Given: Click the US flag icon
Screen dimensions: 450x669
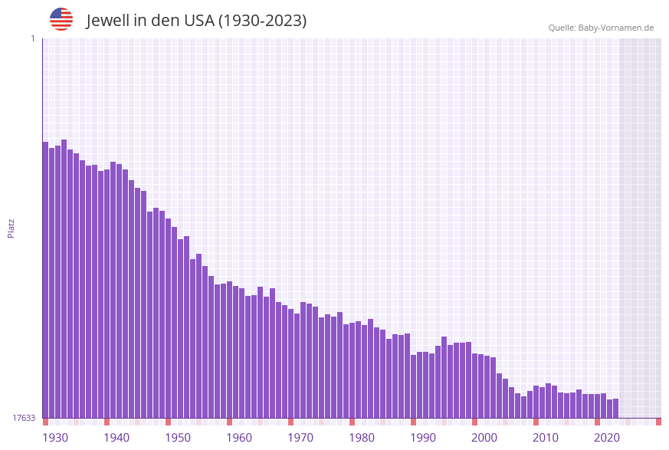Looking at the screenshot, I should (x=61, y=19).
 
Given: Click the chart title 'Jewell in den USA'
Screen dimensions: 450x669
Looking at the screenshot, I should (x=196, y=21).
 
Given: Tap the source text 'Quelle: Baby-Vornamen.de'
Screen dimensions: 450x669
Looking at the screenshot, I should (x=601, y=28).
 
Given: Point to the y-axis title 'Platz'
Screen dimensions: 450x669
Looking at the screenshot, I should (x=11, y=228).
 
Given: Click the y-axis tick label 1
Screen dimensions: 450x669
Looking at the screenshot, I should (x=32, y=38).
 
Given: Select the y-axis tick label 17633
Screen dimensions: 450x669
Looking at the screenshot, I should (x=24, y=418).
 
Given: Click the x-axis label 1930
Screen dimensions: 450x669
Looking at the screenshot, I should (x=55, y=438).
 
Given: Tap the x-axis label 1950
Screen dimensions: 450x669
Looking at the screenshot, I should (x=178, y=438).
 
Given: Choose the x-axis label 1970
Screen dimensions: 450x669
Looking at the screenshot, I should (x=300, y=438).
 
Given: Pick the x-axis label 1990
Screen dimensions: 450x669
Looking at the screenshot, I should (x=423, y=438).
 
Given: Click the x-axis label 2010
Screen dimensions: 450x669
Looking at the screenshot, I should (x=546, y=438).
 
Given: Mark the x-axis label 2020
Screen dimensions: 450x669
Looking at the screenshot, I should (x=607, y=438).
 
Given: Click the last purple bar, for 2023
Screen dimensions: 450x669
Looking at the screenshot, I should (x=615, y=409).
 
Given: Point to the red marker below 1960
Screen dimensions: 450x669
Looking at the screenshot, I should (x=229, y=422).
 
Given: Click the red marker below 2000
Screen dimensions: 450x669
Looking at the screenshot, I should (x=474, y=422).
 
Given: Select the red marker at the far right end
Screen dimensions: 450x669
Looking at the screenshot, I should (x=658, y=422).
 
